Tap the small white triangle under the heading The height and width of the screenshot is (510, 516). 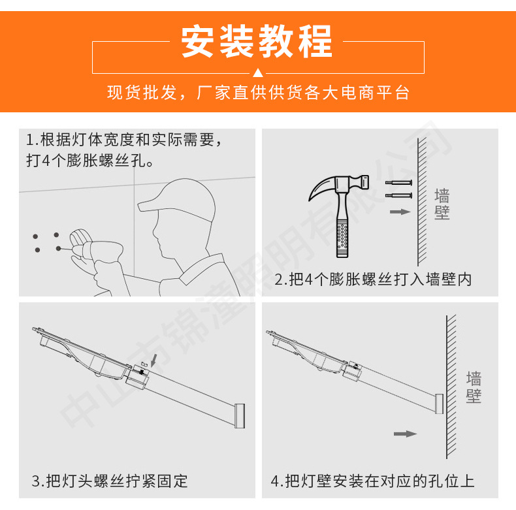pyautogui.click(x=257, y=72)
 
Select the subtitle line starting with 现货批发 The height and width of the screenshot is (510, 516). pyautogui.click(x=257, y=93)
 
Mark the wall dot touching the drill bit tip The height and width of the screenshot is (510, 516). pyautogui.click(x=59, y=248)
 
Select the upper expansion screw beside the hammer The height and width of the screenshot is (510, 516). pyautogui.click(x=398, y=183)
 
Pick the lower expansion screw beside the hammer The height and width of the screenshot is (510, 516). pyautogui.click(x=398, y=195)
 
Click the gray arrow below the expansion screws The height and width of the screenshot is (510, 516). pyautogui.click(x=400, y=212)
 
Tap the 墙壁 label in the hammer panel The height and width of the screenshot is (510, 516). pyautogui.click(x=442, y=204)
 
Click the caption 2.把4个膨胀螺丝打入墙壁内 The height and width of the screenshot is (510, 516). pyautogui.click(x=373, y=279)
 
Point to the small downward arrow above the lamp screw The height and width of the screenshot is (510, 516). pyautogui.click(x=153, y=359)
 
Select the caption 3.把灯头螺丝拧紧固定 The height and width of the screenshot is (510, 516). pyautogui.click(x=110, y=481)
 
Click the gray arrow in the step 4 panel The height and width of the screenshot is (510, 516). pyautogui.click(x=405, y=433)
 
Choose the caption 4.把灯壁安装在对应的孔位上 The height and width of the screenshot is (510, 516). pyautogui.click(x=372, y=481)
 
